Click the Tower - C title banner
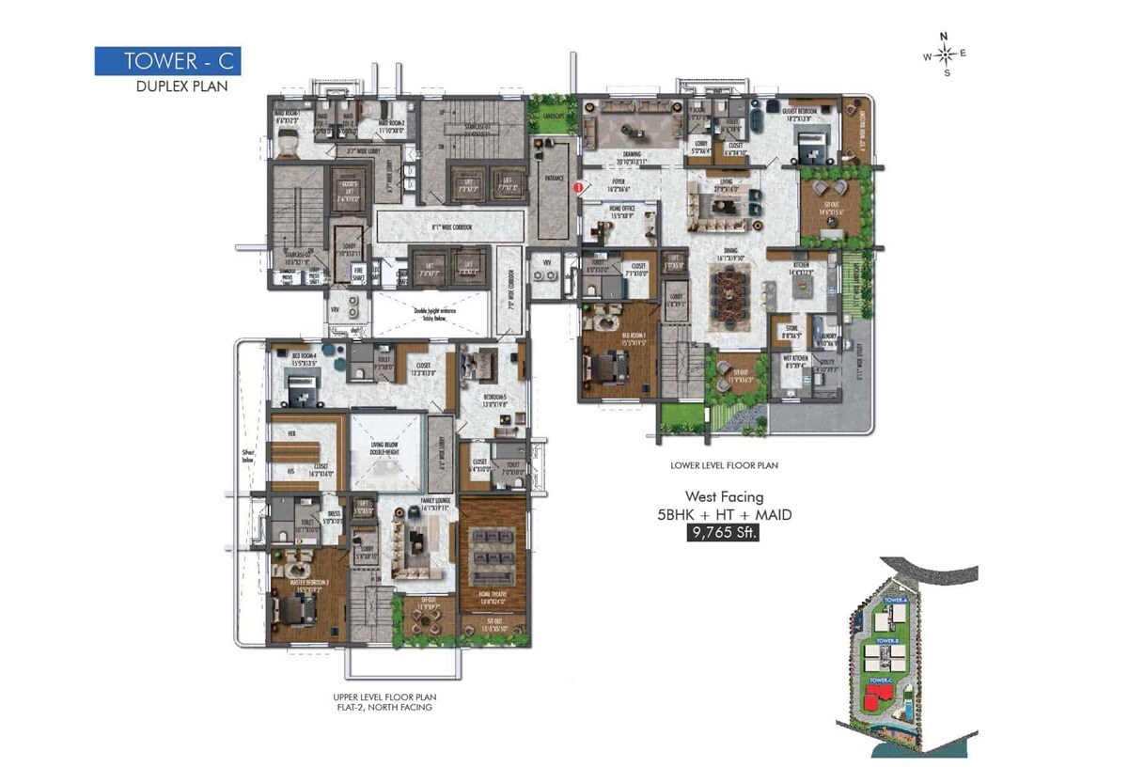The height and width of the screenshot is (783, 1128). (167, 61)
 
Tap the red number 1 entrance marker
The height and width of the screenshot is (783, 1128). (579, 187)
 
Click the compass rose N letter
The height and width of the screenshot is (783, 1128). (946, 38)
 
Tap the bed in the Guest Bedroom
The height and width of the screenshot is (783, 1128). (810, 149)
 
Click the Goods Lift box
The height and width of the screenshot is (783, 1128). (349, 192)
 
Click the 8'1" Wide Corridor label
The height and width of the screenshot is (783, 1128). (449, 227)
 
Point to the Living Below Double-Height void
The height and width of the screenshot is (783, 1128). (387, 450)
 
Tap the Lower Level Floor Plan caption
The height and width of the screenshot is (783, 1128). (724, 465)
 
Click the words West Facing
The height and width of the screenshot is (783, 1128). (723, 496)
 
